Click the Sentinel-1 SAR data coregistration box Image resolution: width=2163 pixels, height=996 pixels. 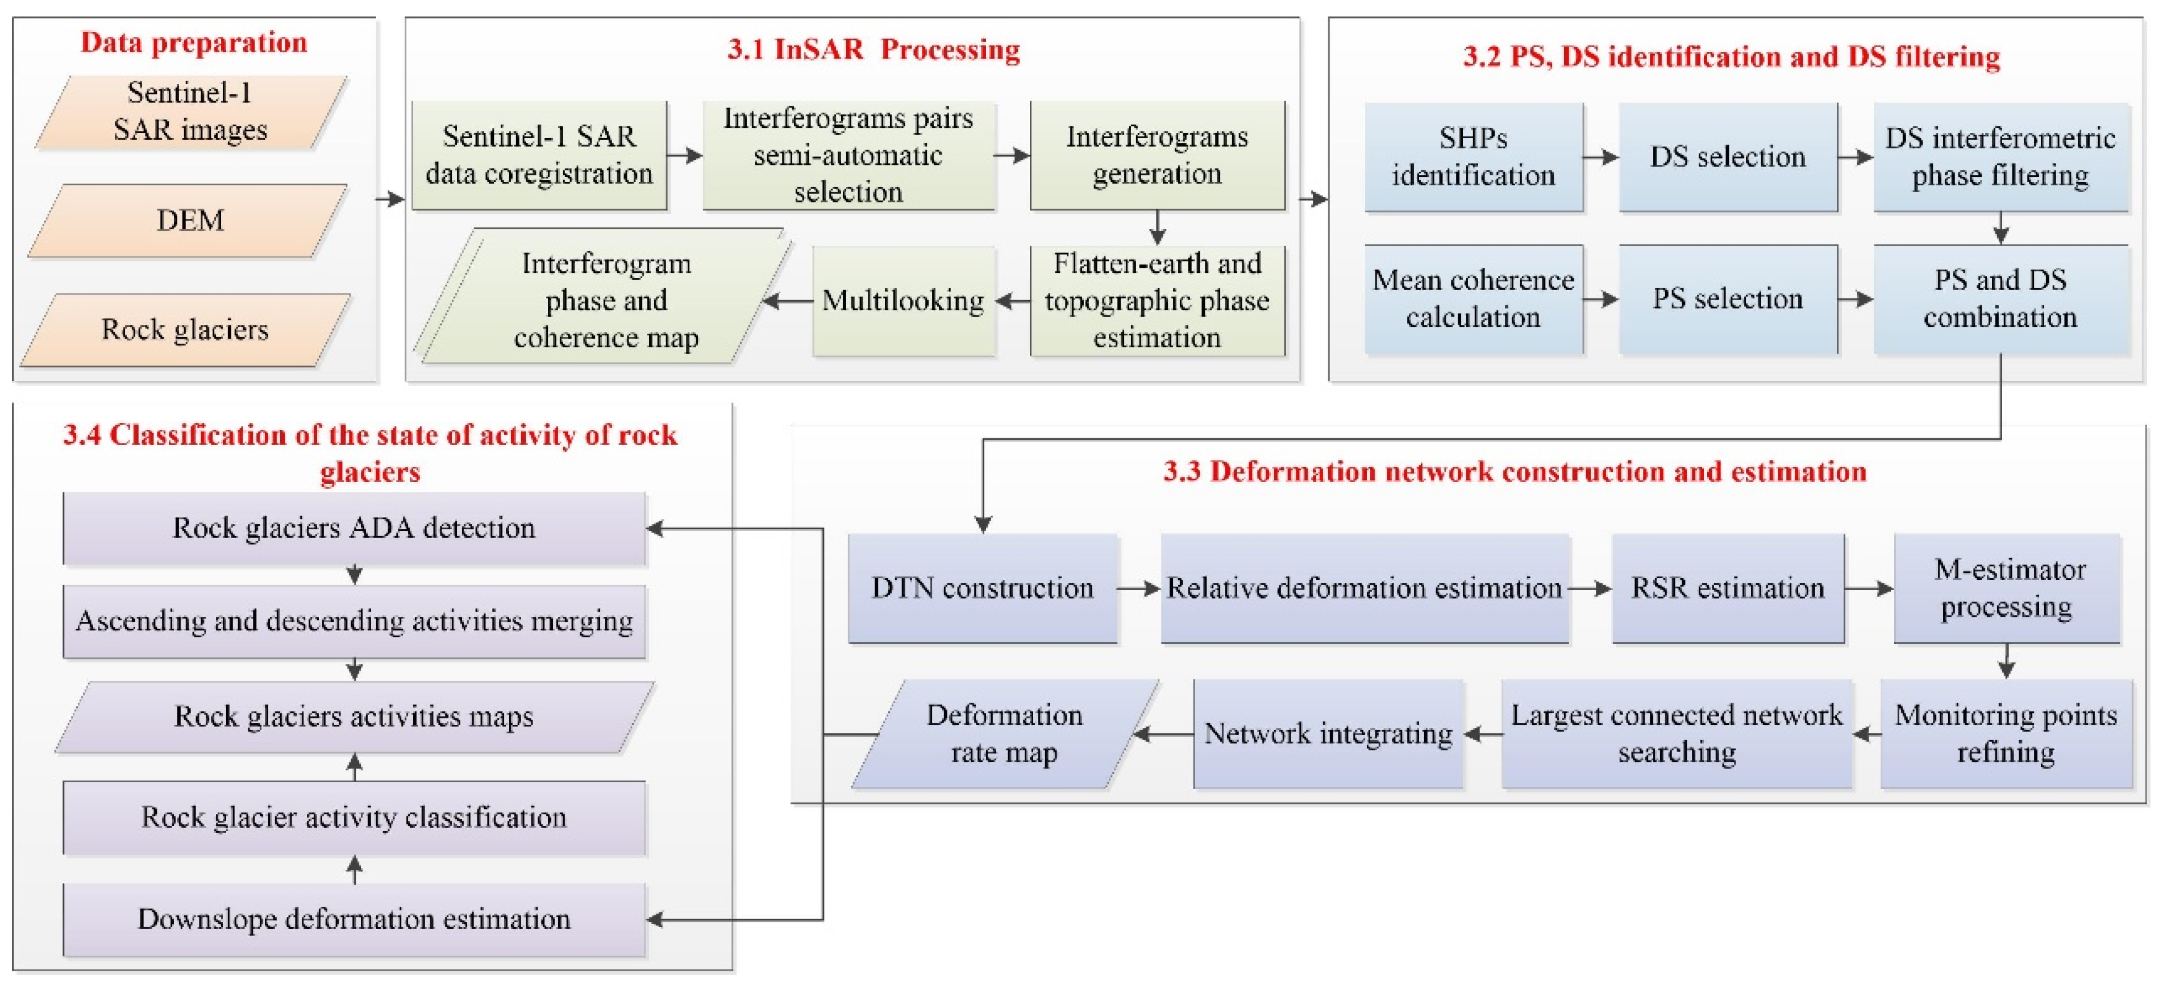tap(539, 155)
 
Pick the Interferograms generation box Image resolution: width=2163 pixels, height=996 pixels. tap(1157, 155)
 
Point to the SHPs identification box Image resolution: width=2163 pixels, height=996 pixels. tap(1474, 157)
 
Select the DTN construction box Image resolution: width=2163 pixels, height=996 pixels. tap(983, 588)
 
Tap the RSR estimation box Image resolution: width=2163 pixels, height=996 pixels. tap(1727, 588)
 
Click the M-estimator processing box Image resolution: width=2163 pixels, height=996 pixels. tap(2007, 588)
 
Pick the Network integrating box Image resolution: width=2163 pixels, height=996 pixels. tap(1328, 734)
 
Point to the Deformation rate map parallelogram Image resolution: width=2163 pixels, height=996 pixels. tap(1004, 734)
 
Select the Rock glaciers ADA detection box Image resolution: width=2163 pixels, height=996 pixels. tap(353, 528)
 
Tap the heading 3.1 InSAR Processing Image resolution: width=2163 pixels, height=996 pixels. tap(873, 49)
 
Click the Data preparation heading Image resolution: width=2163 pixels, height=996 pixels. tap(194, 43)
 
